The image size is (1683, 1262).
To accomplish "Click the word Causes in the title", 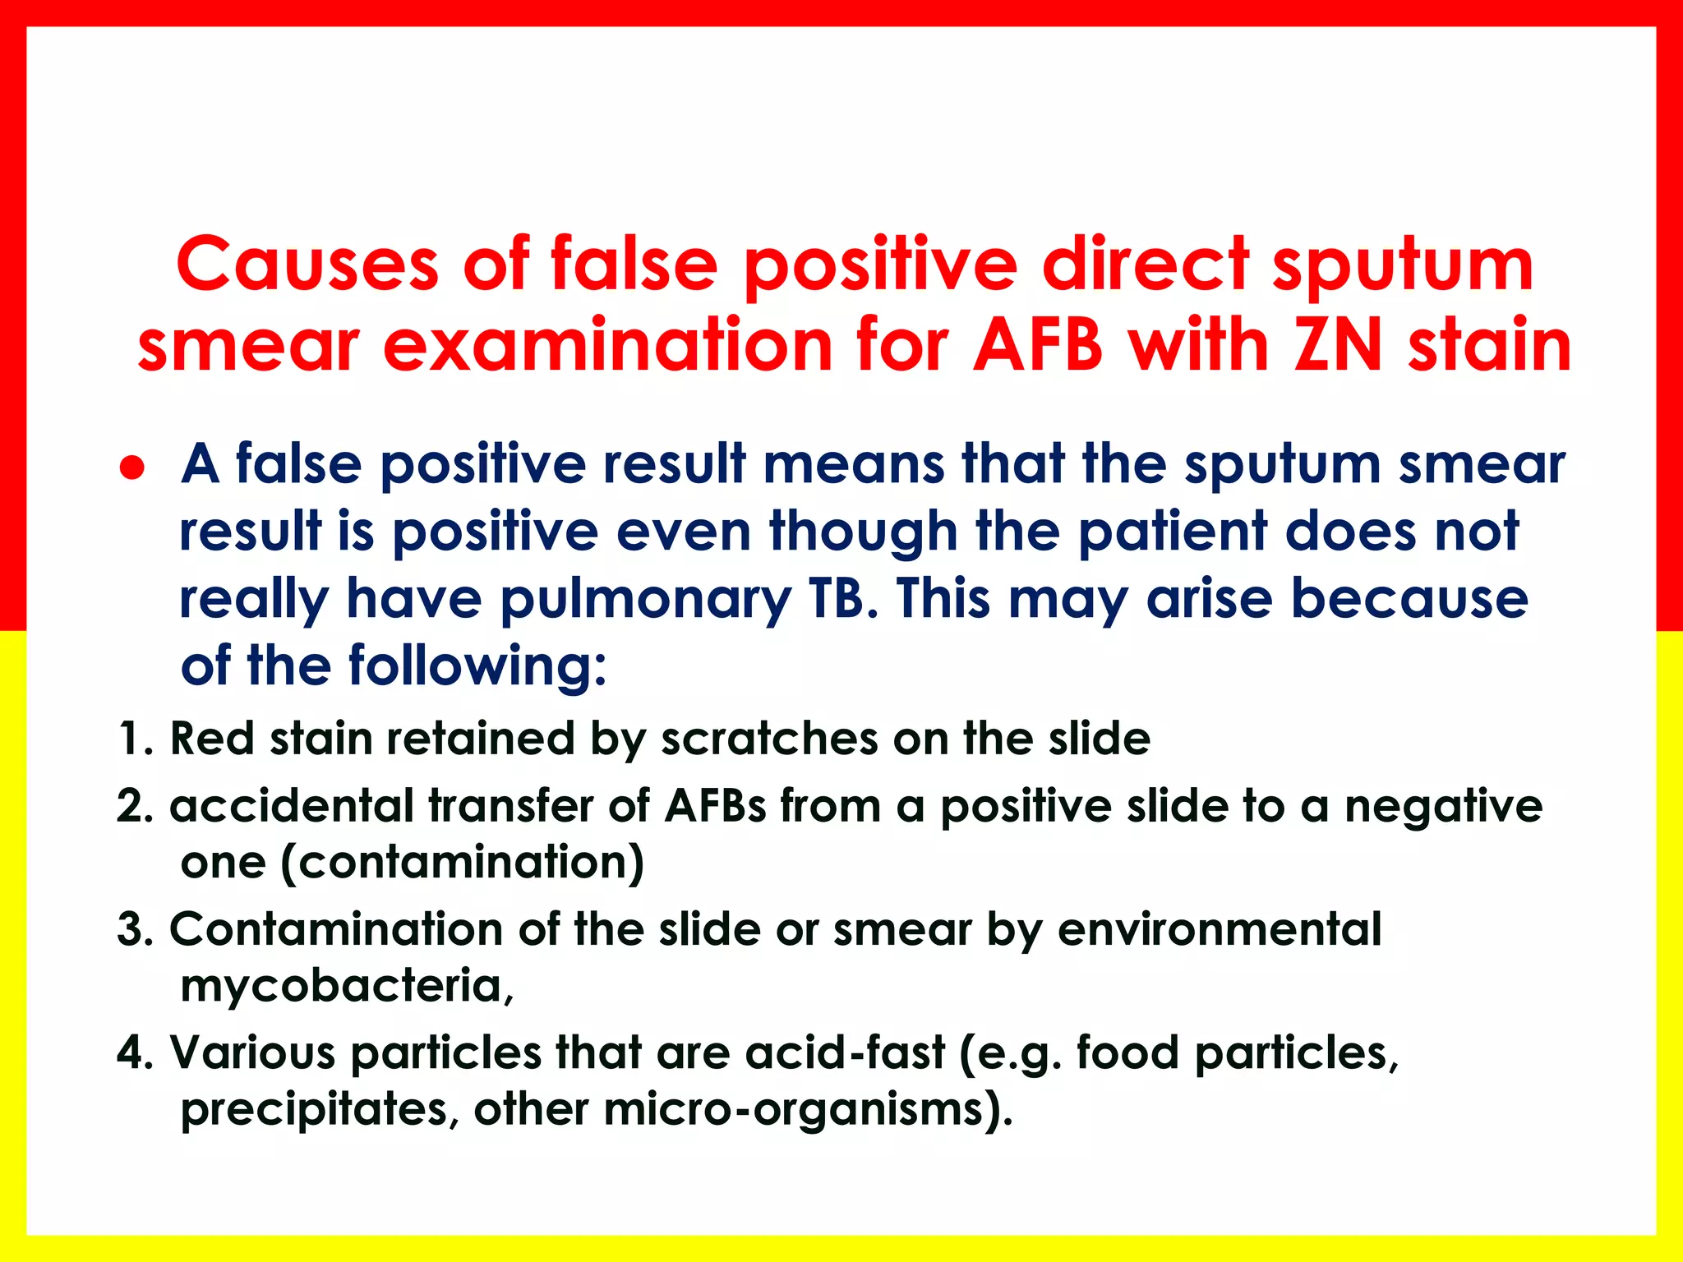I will (307, 265).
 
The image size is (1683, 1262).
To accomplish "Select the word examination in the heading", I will (608, 345).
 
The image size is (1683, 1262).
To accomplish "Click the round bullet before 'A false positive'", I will (132, 467).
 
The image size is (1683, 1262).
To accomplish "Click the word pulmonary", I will (645, 601).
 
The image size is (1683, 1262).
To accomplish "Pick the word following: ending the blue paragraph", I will (477, 666).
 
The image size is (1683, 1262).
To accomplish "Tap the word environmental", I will (1220, 930).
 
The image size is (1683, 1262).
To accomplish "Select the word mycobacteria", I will (346, 986).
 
